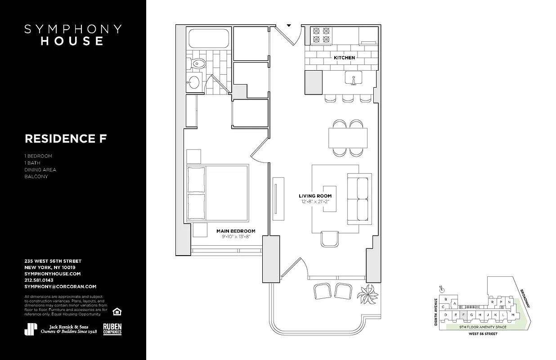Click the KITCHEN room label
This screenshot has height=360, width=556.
click(x=344, y=58)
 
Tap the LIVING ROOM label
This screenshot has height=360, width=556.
click(x=315, y=196)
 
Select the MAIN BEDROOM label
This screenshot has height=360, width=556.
click(x=236, y=231)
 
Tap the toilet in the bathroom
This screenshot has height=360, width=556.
click(x=197, y=64)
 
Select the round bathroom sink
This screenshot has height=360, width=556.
click(x=194, y=82)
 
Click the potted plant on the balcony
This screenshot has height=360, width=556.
click(x=368, y=295)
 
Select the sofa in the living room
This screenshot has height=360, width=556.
click(x=359, y=199)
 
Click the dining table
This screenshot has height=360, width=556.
click(x=348, y=138)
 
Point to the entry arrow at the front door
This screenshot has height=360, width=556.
click(x=289, y=26)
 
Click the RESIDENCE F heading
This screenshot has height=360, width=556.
click(x=66, y=139)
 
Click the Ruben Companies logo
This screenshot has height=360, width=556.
click(x=112, y=329)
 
